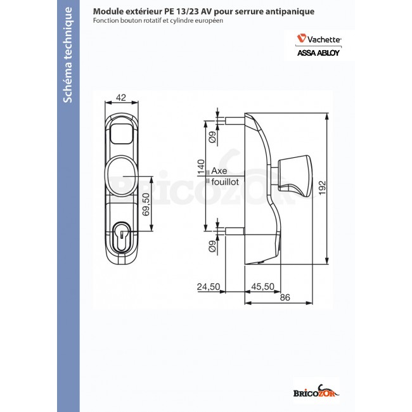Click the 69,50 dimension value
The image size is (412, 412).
148,204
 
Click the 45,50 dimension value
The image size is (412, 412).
262,287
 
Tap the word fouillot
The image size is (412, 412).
224,181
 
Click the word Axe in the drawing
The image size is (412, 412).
219,171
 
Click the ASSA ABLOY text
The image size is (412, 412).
319,53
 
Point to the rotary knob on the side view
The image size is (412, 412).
295,173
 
